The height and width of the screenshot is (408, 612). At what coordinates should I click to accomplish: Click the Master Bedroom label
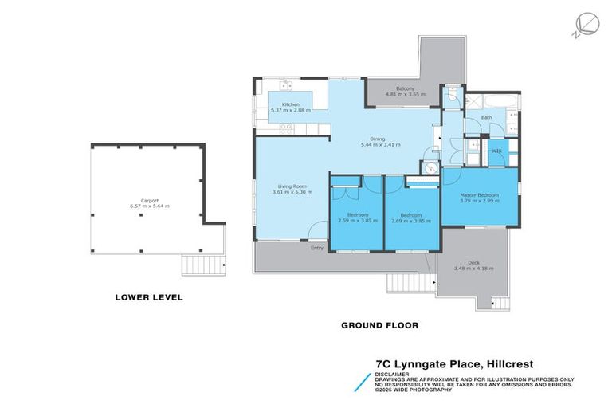(x=479, y=195)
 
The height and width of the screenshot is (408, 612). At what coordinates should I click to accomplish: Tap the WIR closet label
(x=496, y=151)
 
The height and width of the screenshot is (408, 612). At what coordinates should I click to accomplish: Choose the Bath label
(x=486, y=118)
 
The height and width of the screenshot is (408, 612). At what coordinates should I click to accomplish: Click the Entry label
(x=317, y=247)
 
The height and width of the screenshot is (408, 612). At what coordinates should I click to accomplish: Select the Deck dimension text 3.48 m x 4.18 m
(x=473, y=268)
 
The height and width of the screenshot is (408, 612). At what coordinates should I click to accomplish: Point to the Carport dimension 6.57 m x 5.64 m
(x=148, y=206)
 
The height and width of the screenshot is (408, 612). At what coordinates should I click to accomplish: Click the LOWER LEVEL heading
(x=149, y=297)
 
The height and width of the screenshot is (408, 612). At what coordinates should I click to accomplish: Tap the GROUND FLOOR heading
(x=379, y=325)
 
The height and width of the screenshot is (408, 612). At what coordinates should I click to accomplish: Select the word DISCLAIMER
(x=394, y=373)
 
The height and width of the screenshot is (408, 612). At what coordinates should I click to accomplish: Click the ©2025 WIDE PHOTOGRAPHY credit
(x=414, y=390)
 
